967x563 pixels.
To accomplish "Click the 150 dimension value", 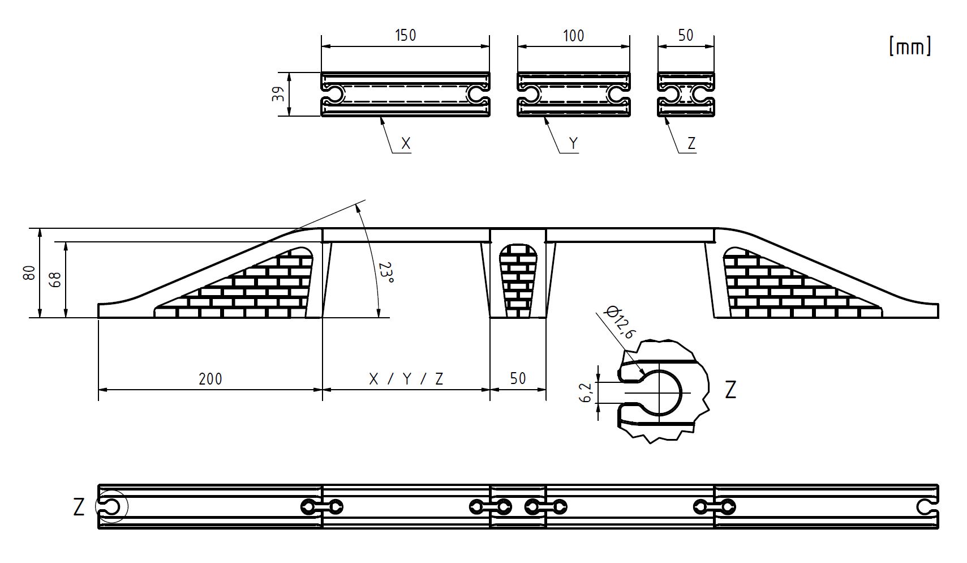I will (x=405, y=35).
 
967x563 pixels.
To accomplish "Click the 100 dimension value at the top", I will (x=573, y=36).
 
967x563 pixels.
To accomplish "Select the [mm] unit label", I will (x=909, y=46).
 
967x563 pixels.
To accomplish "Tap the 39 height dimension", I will (x=278, y=94).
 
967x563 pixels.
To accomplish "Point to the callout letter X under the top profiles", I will (x=405, y=144).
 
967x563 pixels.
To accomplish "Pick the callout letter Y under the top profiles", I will (x=573, y=144).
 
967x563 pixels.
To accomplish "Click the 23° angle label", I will (x=386, y=272).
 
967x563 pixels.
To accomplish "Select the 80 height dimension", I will (x=29, y=273).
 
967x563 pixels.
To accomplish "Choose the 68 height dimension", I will (x=55, y=279).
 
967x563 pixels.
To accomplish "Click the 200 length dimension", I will (x=210, y=379).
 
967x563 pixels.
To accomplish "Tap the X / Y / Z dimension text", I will (x=406, y=379).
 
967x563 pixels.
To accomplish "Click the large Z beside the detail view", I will (x=730, y=390).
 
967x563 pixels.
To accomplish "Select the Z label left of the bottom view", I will (x=79, y=507).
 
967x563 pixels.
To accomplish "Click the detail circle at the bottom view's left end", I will (x=111, y=505).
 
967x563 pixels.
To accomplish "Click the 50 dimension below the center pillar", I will (x=518, y=379).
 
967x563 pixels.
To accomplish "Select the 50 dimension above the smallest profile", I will (x=685, y=35).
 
